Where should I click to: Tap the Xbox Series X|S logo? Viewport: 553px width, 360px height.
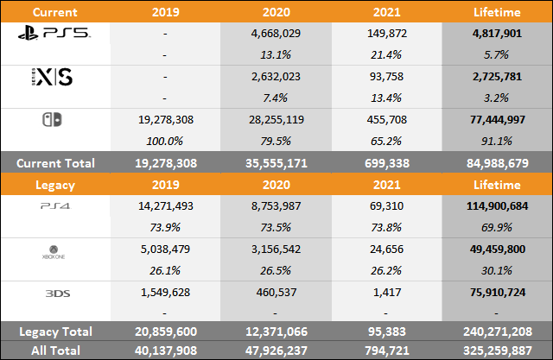click(50, 78)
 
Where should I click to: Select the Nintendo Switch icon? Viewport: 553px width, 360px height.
click(52, 121)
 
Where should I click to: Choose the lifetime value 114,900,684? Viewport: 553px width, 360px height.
click(493, 205)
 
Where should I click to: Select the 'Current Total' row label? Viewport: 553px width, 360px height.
click(55, 161)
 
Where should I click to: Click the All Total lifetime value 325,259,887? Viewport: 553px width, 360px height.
click(493, 351)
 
